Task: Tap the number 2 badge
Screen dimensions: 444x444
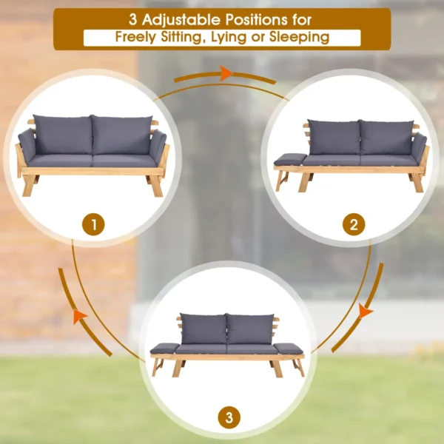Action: [354, 223]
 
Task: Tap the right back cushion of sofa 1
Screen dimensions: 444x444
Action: [122, 134]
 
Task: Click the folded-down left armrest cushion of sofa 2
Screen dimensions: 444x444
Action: [289, 158]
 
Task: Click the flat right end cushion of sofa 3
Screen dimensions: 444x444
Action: [289, 348]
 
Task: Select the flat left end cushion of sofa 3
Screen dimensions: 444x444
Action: [164, 348]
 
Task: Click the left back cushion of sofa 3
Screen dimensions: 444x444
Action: [203, 328]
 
